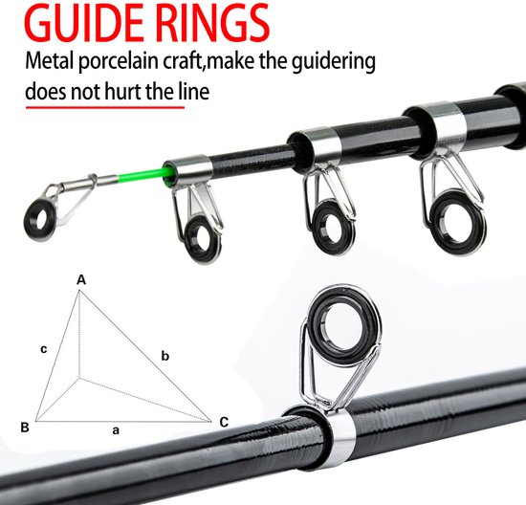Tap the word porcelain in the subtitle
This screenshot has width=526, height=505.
(x=119, y=62)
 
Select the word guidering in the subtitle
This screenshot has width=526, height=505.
(x=334, y=62)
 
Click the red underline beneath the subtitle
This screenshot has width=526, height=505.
(x=105, y=107)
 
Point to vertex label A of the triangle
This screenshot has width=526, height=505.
(x=81, y=279)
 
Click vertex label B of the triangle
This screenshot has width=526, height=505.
(x=25, y=428)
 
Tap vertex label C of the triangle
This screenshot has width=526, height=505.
(x=224, y=422)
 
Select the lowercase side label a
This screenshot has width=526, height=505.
(x=116, y=430)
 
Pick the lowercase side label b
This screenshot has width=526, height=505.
(x=165, y=356)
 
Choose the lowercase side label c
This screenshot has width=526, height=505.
(x=44, y=350)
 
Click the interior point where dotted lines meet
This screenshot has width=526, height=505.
(x=79, y=378)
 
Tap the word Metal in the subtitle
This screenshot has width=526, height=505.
(x=50, y=61)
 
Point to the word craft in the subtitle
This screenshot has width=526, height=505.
(x=183, y=61)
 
